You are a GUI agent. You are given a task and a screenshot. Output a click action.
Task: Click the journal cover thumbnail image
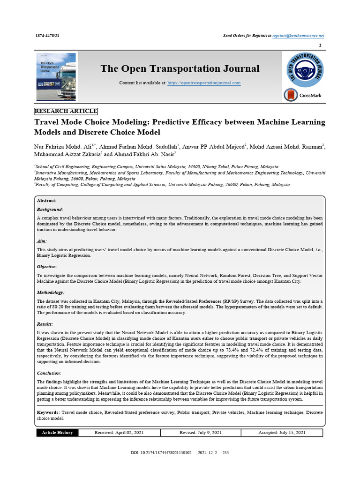(56, 77)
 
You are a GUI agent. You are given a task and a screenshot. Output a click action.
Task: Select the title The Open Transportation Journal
(180, 69)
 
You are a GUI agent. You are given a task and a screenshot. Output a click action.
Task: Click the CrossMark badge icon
(291, 95)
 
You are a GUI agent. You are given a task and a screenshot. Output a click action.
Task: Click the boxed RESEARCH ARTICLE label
(66, 111)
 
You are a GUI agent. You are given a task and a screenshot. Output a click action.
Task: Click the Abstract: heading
(46, 201)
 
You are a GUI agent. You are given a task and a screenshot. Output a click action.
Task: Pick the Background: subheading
(50, 210)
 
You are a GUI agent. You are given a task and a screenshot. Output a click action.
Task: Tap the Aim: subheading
(42, 241)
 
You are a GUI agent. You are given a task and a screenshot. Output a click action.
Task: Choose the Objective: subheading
(47, 266)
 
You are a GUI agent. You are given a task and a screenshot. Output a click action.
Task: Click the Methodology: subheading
(51, 292)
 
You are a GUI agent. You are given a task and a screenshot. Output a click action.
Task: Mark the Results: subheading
(45, 324)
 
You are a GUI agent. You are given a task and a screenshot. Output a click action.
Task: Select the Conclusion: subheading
(49, 373)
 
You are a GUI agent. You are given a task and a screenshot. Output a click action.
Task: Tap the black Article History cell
(57, 433)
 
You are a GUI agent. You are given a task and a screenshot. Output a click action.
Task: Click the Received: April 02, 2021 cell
(119, 433)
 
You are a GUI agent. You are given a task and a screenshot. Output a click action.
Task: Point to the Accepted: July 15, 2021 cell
(282, 433)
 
